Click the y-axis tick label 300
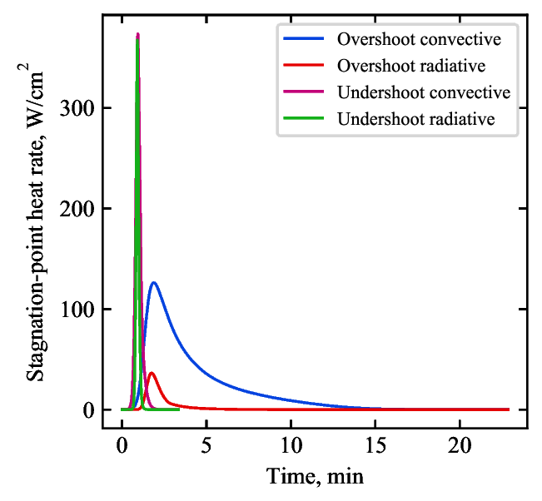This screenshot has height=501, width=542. coord(78,109)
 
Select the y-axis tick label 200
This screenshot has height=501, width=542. coord(78,210)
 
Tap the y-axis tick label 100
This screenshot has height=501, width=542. coord(78,310)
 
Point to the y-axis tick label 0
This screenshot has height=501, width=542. coord(88,410)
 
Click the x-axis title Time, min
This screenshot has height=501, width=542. coord(315,477)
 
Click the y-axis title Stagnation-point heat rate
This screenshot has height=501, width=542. coord(36,250)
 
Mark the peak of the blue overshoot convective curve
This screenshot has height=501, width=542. coord(153,283)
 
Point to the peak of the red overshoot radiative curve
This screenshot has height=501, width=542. coord(151,373)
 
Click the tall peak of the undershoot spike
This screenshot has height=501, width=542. coord(137,35)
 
